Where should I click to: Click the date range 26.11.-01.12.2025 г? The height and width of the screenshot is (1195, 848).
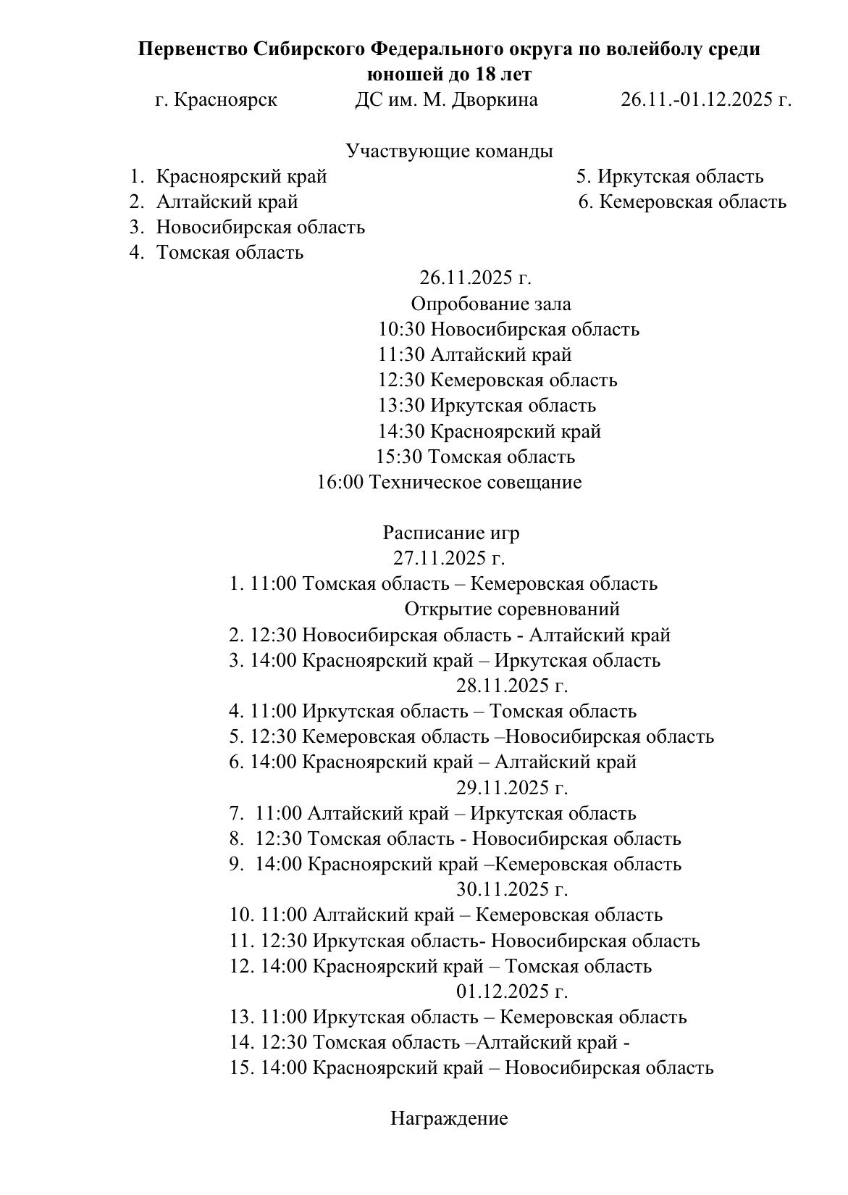point(705,99)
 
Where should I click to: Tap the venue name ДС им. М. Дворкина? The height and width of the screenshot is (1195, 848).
point(446,99)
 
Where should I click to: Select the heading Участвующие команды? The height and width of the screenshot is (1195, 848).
point(449,151)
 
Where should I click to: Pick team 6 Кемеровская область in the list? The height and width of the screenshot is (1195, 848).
point(682,201)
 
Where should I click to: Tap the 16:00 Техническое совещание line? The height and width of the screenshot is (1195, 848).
point(449,482)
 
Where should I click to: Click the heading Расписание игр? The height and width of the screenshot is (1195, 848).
point(450,533)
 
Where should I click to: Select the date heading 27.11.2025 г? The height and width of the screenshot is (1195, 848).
point(449,558)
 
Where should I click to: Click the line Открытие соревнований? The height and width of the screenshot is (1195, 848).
point(511,609)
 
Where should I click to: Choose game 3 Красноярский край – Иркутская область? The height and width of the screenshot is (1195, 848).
point(445,660)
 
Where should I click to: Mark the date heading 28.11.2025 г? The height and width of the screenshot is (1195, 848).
point(511,686)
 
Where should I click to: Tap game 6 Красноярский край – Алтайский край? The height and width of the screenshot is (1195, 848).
point(432,762)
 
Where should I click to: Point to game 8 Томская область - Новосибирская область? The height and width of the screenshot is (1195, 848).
point(455,838)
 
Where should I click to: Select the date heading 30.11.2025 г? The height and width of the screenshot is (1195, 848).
point(511,889)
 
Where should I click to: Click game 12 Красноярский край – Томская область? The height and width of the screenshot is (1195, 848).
point(440,966)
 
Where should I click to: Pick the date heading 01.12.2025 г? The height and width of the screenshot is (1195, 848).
point(511,991)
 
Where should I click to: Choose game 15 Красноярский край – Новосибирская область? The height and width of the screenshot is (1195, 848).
point(471,1067)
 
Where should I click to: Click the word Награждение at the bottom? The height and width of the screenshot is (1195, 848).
point(449,1118)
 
